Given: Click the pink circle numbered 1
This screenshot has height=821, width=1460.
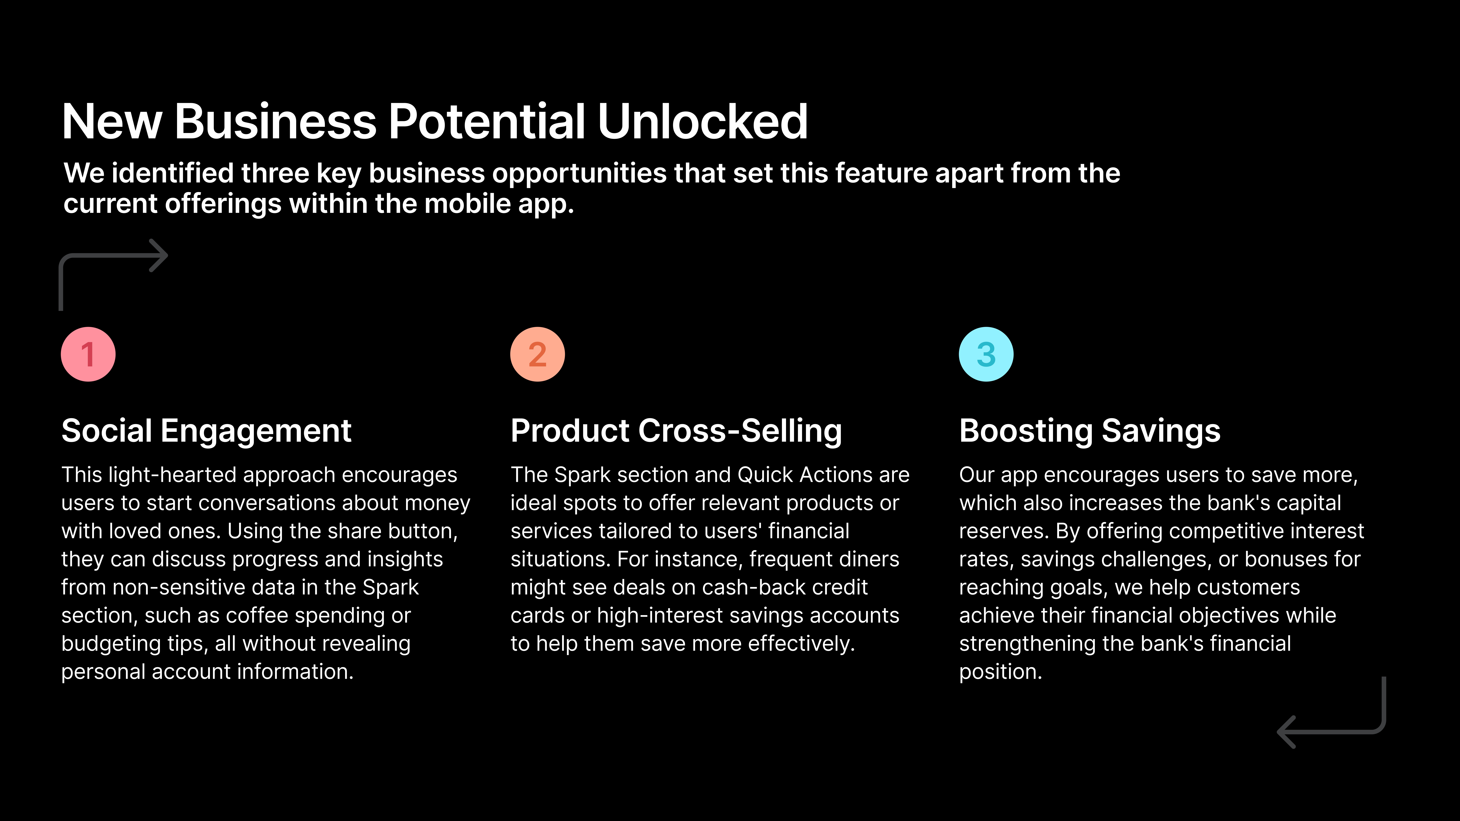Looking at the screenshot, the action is pyautogui.click(x=88, y=354).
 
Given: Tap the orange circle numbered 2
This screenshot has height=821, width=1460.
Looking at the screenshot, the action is pyautogui.click(x=537, y=354).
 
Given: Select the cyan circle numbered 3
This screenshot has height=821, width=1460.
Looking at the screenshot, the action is pyautogui.click(x=986, y=354).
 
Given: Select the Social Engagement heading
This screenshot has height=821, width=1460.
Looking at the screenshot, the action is pyautogui.click(x=206, y=431).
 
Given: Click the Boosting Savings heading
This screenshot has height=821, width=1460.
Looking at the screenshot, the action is pyautogui.click(x=1089, y=431).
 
